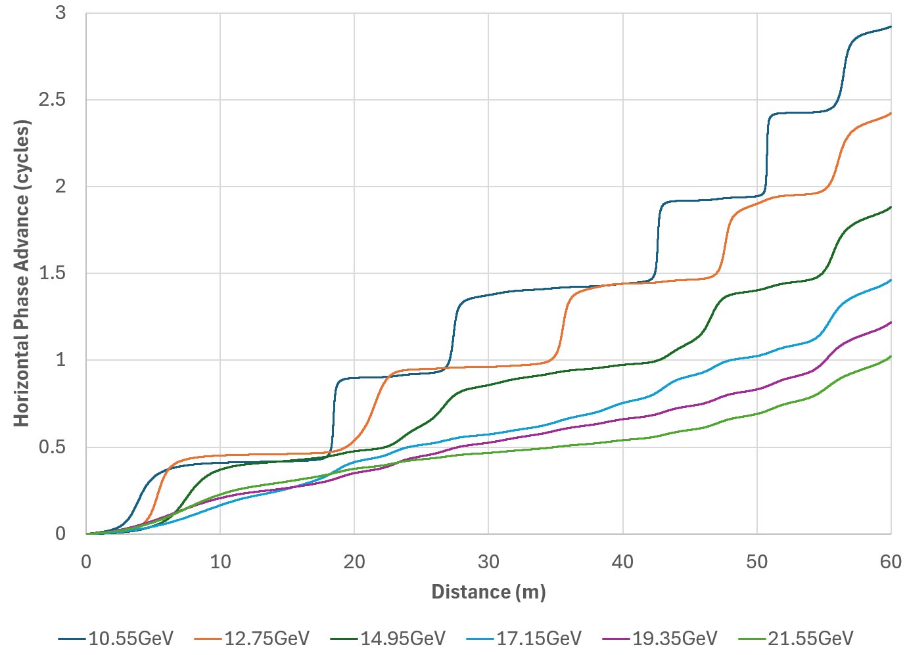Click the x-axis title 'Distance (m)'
point(488,592)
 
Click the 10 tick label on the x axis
point(220,562)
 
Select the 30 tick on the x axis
point(488,562)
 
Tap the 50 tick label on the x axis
point(757,562)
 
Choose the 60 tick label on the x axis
point(891,562)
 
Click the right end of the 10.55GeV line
point(891,27)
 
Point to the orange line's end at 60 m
point(891,114)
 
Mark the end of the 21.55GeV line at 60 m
point(891,357)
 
